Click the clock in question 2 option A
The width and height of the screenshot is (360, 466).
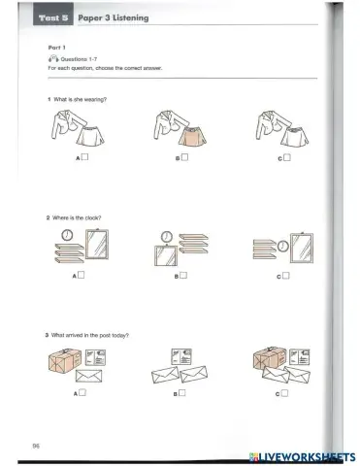coord(66,235)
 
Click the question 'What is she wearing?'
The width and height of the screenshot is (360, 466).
coord(79,101)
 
